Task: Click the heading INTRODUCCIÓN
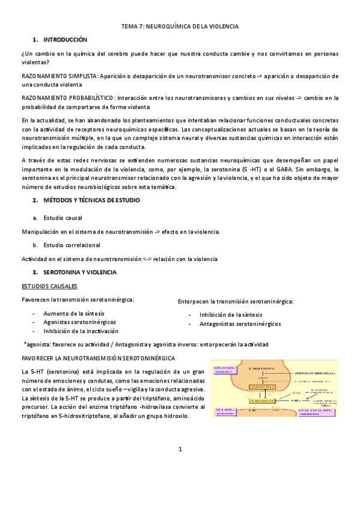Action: [x=66, y=40]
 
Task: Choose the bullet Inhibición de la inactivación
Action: [x=81, y=331]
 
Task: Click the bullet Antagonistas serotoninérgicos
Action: [x=240, y=324]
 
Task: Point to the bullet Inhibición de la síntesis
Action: [x=230, y=314]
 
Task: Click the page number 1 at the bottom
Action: [x=180, y=449]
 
